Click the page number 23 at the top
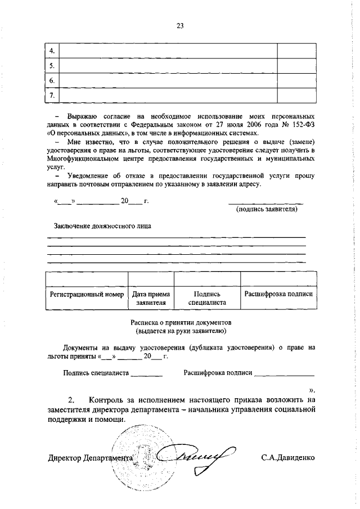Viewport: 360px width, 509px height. coord(180,25)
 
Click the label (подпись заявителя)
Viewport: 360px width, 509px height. coord(266,209)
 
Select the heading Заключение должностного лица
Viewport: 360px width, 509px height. coord(102,226)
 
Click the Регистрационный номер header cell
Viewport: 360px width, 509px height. coord(87,294)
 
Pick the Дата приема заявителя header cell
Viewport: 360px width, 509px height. coord(151,298)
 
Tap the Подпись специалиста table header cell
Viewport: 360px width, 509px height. coord(207,298)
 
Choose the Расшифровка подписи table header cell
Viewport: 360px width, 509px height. coord(278,294)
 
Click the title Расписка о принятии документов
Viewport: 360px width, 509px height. coord(181,323)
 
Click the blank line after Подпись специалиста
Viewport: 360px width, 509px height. coord(147,373)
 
